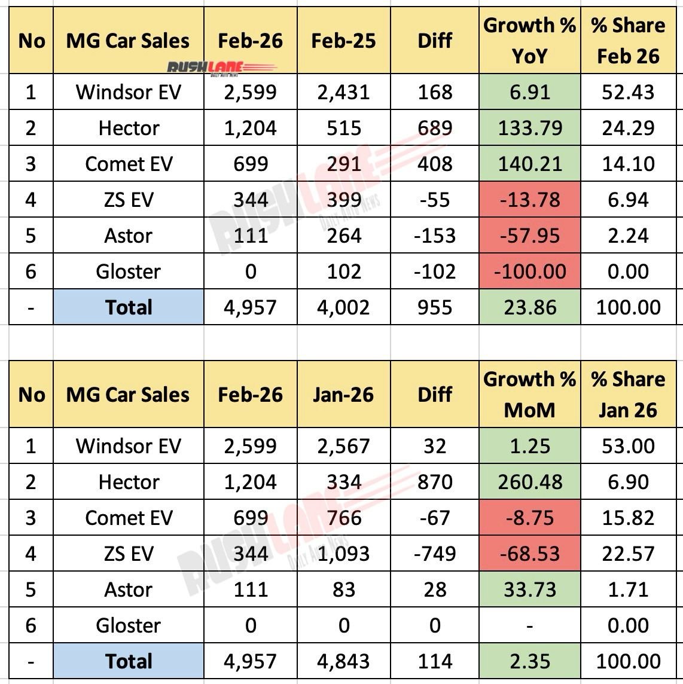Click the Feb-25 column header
343,41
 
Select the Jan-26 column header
343,395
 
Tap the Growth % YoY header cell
529,41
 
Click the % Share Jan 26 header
628,395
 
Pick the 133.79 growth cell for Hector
530,128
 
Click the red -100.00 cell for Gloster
530,271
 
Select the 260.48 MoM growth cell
530,482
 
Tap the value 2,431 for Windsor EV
343,92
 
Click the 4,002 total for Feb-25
343,307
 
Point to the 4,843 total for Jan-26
343,661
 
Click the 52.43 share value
628,92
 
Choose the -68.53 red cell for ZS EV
530,554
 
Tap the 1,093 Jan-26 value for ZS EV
343,554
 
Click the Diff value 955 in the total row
435,307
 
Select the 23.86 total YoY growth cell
530,307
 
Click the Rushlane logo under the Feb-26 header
205,68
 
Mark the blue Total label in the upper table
128,307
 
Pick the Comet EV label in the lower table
128,518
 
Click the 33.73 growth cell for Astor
530,590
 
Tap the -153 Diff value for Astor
435,236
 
